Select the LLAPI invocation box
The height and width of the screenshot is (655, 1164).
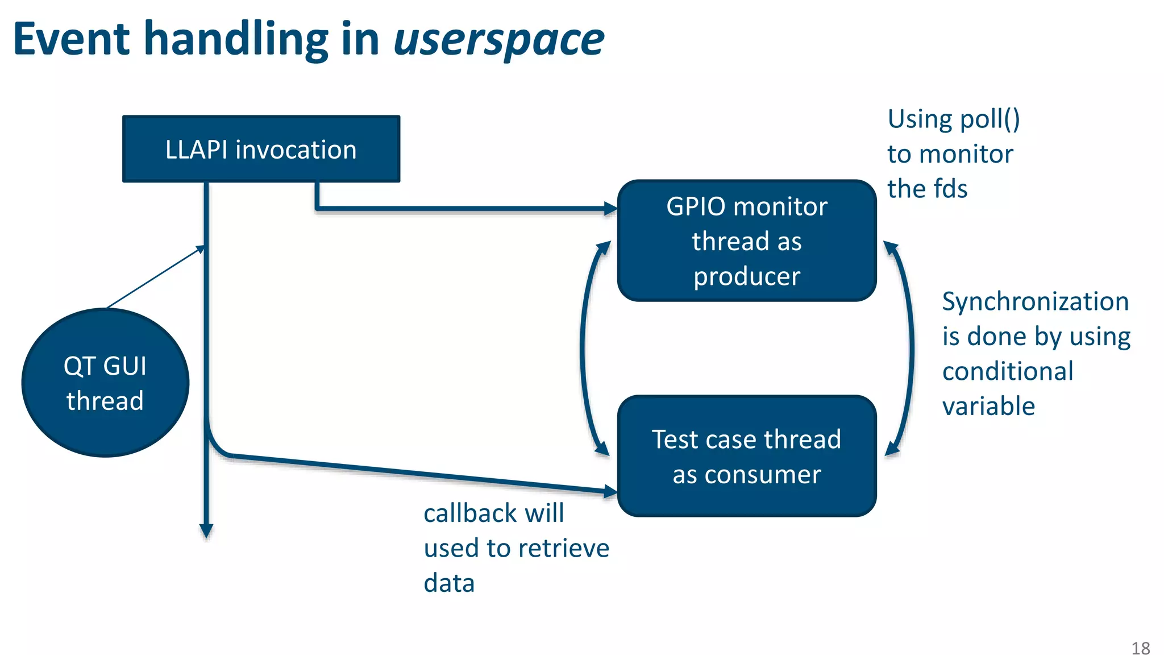click(261, 149)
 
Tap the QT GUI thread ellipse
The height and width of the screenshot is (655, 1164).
click(105, 383)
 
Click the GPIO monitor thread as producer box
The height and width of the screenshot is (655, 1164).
click(746, 241)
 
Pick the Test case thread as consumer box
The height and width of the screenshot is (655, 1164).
click(746, 456)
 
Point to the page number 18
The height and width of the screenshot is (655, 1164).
click(1140, 648)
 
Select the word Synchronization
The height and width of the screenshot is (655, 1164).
click(1035, 301)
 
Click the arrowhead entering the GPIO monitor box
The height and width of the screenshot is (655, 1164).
click(611, 209)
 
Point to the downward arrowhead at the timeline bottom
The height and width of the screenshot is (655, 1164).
click(206, 531)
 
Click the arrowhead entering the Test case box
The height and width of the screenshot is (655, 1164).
click(610, 491)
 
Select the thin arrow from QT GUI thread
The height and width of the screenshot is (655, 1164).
click(155, 277)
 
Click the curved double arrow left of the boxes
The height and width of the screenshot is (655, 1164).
click(583, 348)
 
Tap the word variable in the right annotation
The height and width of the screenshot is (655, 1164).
click(988, 407)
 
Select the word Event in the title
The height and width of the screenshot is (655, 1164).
click(72, 40)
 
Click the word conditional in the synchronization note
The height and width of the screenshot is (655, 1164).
click(1007, 371)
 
